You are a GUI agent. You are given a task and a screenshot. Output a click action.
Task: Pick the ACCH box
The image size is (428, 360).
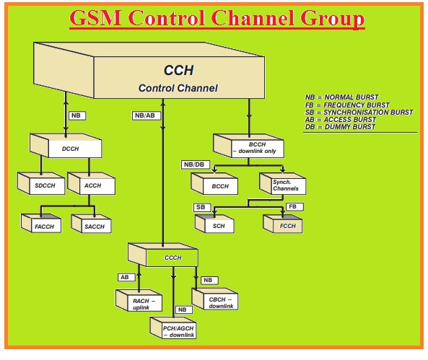click(92, 186)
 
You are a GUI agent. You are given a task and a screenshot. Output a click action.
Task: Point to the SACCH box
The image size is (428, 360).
click(93, 227)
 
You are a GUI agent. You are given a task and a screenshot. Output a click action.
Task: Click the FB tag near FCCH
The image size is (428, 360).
click(292, 206)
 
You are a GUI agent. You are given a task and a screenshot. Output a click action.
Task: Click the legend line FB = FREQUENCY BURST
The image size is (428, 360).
click(347, 105)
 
